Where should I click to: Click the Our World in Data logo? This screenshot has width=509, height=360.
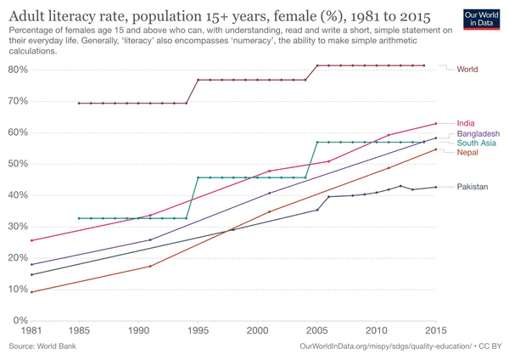tap(482, 20)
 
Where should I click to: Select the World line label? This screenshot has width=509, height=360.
tap(467, 69)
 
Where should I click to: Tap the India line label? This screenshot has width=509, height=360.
tap(466, 124)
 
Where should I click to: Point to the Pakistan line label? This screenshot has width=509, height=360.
tap(473, 187)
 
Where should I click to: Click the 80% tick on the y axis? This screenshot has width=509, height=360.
tap(20, 70)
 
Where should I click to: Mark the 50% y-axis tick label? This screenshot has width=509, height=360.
tap(20, 164)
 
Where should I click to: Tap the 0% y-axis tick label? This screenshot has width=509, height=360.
tap(22, 321)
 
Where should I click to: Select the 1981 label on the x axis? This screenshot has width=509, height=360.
tap(31, 330)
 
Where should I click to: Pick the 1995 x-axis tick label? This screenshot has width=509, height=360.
tap(199, 330)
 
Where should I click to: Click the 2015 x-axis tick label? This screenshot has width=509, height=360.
tap(436, 330)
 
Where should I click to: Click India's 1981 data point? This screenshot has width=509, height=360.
tap(31, 240)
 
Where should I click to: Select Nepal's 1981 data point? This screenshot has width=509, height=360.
tap(31, 292)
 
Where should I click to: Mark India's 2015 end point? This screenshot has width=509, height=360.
tap(436, 124)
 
